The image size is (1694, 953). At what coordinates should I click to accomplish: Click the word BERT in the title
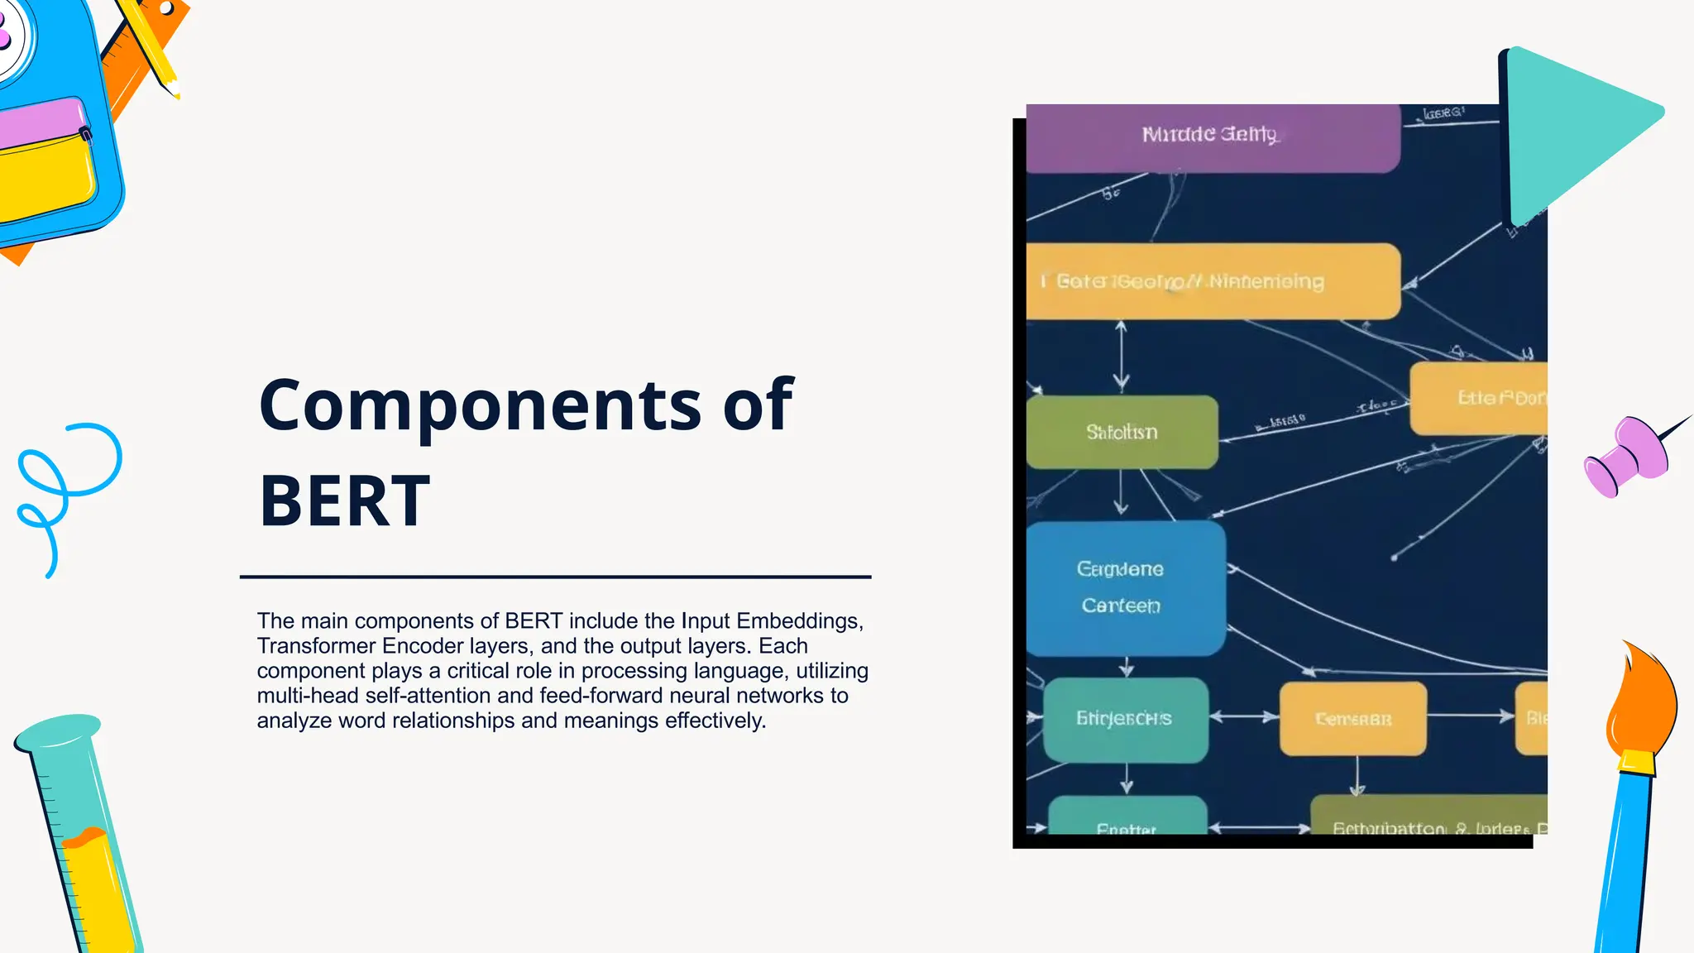click(344, 501)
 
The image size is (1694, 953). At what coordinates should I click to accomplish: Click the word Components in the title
click(481, 405)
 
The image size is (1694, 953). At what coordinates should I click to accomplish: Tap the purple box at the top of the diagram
click(1212, 137)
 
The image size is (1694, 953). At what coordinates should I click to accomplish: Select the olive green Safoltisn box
click(1122, 432)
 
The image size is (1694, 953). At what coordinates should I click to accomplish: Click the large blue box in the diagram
click(1125, 587)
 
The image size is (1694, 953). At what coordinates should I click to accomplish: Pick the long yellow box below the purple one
click(1212, 281)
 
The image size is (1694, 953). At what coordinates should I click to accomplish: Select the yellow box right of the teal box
click(1352, 719)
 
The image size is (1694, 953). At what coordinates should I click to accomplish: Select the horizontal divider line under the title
click(555, 577)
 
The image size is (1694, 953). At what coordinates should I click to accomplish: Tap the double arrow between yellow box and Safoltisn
click(1121, 356)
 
